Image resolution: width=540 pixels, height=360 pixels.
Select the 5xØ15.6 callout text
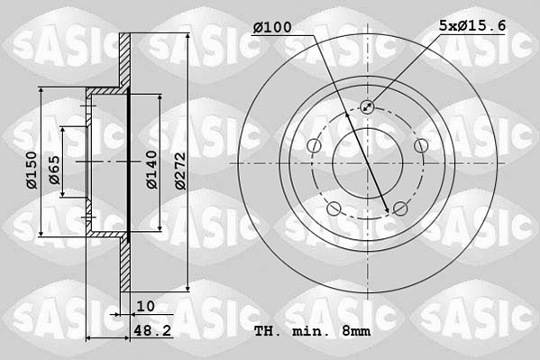[469, 27]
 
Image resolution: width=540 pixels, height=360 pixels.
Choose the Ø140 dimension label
[152, 168]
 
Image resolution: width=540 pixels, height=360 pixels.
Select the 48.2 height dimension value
[152, 330]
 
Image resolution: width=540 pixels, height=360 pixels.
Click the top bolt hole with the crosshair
[367, 107]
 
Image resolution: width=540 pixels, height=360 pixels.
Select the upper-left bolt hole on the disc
[314, 146]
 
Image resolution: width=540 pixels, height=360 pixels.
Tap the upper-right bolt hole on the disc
[420, 146]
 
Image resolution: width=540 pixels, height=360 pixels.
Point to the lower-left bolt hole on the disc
[334, 209]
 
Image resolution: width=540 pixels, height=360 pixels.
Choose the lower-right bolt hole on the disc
[400, 209]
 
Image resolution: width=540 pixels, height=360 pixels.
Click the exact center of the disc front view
[367, 163]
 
